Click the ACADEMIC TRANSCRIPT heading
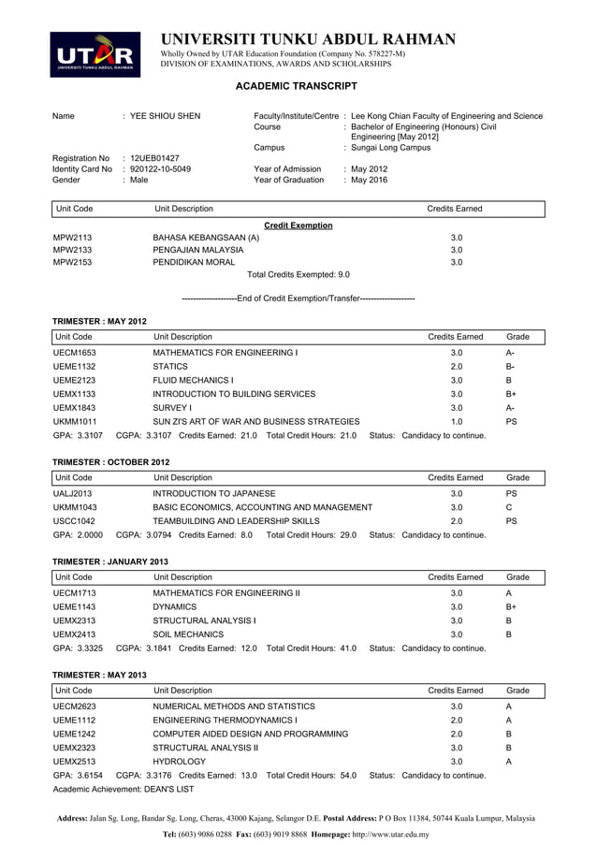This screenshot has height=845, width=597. [x=295, y=86]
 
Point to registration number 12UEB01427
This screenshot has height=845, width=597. [x=154, y=158]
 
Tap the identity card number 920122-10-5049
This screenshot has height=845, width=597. [x=160, y=169]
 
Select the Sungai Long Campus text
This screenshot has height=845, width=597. [x=390, y=147]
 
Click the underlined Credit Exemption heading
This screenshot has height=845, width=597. [x=298, y=226]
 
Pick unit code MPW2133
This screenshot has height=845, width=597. [x=72, y=250]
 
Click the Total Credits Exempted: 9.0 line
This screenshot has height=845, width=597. [x=298, y=275]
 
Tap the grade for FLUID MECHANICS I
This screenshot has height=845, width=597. [x=509, y=381]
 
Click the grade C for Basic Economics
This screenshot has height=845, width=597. [x=509, y=507]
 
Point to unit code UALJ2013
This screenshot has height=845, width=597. [x=72, y=493]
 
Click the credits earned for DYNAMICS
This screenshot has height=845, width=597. [x=457, y=606]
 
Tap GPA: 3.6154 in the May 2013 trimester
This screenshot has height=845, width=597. [x=78, y=776]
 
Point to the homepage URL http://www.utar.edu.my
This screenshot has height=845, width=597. [x=377, y=833]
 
